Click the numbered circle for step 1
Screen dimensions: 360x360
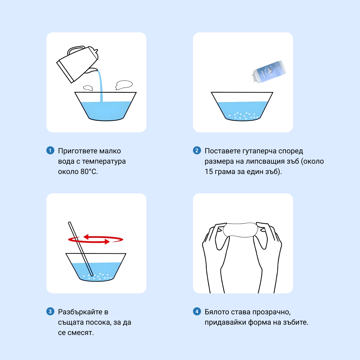pyautogui.click(x=50, y=151)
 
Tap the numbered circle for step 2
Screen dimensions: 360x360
pyautogui.click(x=197, y=151)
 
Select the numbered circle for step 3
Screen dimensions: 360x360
pyautogui.click(x=50, y=312)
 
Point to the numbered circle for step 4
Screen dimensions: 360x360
pyautogui.click(x=197, y=312)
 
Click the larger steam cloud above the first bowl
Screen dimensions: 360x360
pyautogui.click(x=124, y=85)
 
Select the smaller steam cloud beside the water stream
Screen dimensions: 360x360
pyautogui.click(x=88, y=88)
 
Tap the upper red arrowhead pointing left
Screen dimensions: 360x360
pyautogui.click(x=86, y=237)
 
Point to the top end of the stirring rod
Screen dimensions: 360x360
pyautogui.click(x=70, y=223)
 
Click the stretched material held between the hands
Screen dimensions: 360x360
pyautogui.click(x=240, y=230)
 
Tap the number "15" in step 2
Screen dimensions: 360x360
pyautogui.click(x=209, y=172)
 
